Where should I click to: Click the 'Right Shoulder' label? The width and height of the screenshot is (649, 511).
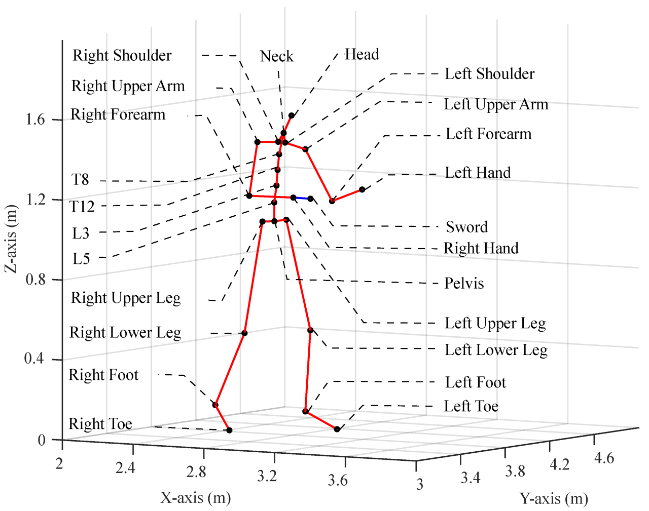pos(122,55)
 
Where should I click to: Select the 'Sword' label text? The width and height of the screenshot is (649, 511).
pos(466,227)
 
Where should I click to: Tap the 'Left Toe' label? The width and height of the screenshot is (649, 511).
pos(471,406)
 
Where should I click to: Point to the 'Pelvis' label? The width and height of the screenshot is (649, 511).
pos(464,283)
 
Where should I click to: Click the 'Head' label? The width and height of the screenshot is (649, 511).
pos(362,54)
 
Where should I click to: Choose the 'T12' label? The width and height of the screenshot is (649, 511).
pos(82,207)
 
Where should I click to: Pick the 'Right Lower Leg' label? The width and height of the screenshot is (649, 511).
pos(125,333)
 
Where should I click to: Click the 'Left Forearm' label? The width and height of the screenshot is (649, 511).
pos(488,134)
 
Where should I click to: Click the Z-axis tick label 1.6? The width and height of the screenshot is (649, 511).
pos(35,120)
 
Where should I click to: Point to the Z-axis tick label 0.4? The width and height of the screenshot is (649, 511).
pos(35,359)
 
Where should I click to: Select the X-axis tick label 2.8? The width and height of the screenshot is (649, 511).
pos(196,471)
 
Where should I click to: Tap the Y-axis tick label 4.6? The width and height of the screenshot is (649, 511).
pos(603,458)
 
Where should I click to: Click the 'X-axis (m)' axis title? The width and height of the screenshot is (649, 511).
pos(196,498)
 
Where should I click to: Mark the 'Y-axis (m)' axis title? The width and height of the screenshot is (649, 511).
pos(554,499)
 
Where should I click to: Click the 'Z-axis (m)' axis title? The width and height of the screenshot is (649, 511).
pos(11,239)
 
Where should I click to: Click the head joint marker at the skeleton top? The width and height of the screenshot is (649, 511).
pos(292,115)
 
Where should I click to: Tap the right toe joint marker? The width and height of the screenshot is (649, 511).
pos(229,430)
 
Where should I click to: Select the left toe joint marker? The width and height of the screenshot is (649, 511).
pos(337,429)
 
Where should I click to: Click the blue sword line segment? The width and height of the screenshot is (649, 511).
pos(302,198)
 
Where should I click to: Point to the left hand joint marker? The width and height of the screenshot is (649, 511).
pos(362,189)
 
